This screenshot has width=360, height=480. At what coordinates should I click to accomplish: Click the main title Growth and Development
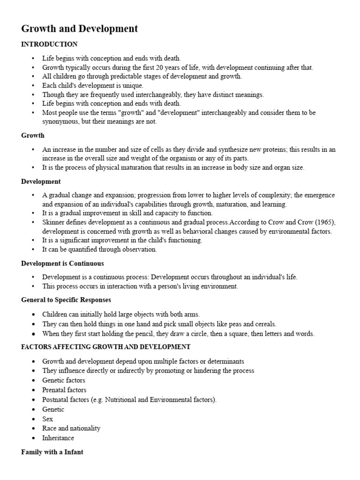coord(80,29)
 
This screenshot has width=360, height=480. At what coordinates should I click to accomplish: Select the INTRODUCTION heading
coord(49,44)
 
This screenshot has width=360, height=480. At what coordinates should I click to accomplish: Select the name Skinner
coord(53,222)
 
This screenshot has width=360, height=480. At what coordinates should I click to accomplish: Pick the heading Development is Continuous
coord(62,263)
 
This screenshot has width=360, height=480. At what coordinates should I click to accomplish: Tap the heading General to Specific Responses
coord(66,300)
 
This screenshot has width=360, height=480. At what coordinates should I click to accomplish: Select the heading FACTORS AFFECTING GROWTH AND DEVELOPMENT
coord(106,347)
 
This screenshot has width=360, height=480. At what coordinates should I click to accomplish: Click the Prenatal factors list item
coord(64,390)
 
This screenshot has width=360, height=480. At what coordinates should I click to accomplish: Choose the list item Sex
coord(48,419)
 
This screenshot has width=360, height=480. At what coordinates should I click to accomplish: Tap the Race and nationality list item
coord(71,428)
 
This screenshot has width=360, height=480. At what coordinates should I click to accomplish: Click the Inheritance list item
coord(58,438)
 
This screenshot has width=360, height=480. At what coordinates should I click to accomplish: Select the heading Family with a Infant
coord(52,453)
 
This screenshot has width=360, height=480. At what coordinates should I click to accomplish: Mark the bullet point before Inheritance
coord(33,438)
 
